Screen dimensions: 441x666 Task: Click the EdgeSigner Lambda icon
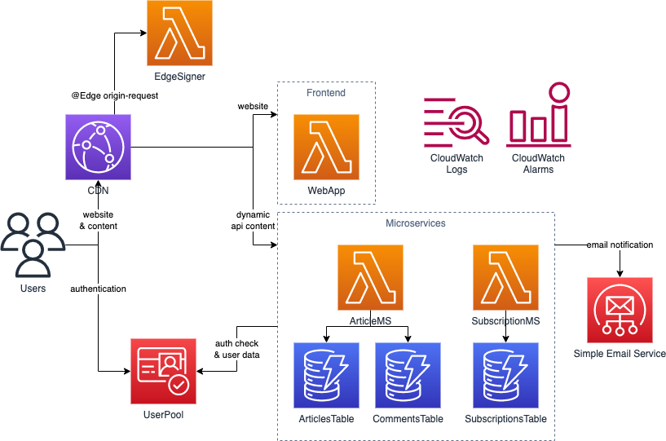click(x=179, y=33)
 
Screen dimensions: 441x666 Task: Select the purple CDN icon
click(x=98, y=147)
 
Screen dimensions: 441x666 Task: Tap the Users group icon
click(x=33, y=244)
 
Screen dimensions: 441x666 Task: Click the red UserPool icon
click(x=163, y=372)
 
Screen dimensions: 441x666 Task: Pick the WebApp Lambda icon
click(x=326, y=147)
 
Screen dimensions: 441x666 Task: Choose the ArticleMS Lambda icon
click(x=370, y=277)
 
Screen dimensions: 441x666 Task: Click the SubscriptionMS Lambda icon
click(x=505, y=277)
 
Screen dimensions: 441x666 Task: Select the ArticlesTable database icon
click(x=326, y=375)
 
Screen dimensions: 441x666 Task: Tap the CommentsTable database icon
click(x=408, y=375)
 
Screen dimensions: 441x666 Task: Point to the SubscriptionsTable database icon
click(x=505, y=375)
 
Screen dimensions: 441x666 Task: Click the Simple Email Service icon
click(x=620, y=310)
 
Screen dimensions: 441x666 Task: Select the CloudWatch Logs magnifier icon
click(x=456, y=122)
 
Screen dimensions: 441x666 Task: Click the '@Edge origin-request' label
click(x=115, y=95)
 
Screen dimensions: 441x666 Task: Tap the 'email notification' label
click(x=620, y=245)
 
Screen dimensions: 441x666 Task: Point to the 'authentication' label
click(x=98, y=289)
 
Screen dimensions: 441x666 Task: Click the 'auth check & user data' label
click(x=236, y=350)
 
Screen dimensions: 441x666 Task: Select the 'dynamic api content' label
click(x=252, y=220)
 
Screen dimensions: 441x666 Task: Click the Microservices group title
click(x=416, y=223)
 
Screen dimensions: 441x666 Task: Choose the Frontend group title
click(x=326, y=93)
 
